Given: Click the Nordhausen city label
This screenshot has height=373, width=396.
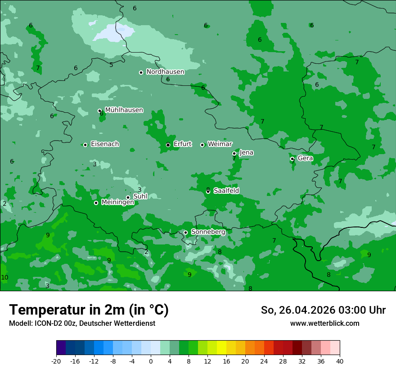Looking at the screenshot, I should pos(165,72).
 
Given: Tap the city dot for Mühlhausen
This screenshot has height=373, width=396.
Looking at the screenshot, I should pos(99,111).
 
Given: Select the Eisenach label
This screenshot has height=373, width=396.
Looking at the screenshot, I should pos(105,144).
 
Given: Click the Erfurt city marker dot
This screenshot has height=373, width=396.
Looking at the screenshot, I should pos(168,145).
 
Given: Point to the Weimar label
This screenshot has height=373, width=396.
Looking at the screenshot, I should pos(220,144).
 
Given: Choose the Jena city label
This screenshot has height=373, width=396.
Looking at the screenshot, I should pos(246,153).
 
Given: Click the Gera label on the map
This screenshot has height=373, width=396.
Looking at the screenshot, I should pos(305,158).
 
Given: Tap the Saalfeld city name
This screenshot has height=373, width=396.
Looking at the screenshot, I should pos(226,191).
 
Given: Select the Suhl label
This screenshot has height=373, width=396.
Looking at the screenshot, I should pos(140,196).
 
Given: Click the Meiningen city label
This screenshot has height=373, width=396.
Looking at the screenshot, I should pos(117,203).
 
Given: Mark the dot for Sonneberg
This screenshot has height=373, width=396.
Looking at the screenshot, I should pos(185,232).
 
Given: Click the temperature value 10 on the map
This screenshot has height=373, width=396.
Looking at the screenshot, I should pos(4,278).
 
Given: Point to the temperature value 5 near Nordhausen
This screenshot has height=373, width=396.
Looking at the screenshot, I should pos(111,65).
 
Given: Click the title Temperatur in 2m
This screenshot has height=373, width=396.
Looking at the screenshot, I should pos(89,310).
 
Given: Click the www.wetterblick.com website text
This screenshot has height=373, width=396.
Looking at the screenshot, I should pos(324,324).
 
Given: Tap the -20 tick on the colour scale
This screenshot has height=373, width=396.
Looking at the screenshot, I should pos(56,361).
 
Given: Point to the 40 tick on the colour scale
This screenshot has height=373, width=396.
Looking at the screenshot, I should pos(339,361).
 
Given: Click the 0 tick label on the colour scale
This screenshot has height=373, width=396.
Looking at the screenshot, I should pos(151,361).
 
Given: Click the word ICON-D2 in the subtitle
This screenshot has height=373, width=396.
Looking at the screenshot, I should pos(47,324).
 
